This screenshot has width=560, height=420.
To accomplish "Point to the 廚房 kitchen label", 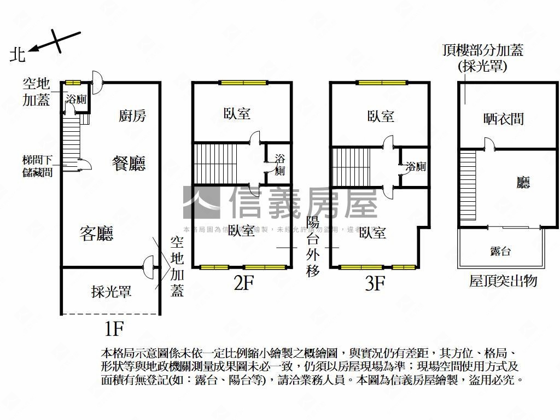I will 132,115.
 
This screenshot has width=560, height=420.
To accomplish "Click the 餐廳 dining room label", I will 129,163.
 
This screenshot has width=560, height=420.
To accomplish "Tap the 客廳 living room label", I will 96,234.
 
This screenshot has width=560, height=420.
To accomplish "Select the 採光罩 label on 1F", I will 111,291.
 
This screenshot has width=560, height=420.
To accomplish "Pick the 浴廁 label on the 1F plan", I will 75,99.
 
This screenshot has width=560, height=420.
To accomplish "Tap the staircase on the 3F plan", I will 351,166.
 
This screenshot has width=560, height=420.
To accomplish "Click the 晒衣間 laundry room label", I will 504,119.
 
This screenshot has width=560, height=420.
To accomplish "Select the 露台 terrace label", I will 500,251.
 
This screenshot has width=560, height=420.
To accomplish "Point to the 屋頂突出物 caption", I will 503,281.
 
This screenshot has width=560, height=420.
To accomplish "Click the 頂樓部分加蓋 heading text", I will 483,50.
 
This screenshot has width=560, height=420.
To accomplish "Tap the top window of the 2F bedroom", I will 244,83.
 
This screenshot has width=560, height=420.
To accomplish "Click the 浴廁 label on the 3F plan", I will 416,166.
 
